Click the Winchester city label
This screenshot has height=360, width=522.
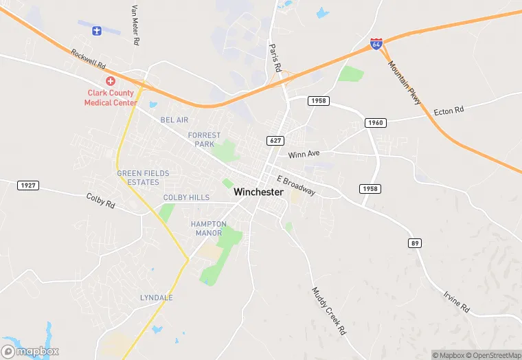point(258,192)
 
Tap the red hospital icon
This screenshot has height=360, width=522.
point(110,81)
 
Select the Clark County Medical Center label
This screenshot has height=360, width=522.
point(110,98)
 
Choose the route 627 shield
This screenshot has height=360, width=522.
point(275,141)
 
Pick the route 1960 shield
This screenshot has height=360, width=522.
point(376,123)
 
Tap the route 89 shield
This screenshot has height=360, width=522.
point(415,243)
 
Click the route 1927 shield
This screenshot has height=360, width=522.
point(28,185)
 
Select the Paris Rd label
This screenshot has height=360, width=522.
point(275,58)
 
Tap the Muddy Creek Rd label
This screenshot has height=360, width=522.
point(329,311)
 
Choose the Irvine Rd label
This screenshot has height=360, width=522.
point(456,300)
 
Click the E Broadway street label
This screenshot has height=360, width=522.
point(296,185)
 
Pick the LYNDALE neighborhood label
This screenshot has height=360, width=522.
point(156,297)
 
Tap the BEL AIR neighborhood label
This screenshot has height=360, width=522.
point(174,120)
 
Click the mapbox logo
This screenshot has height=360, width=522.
point(30,351)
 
